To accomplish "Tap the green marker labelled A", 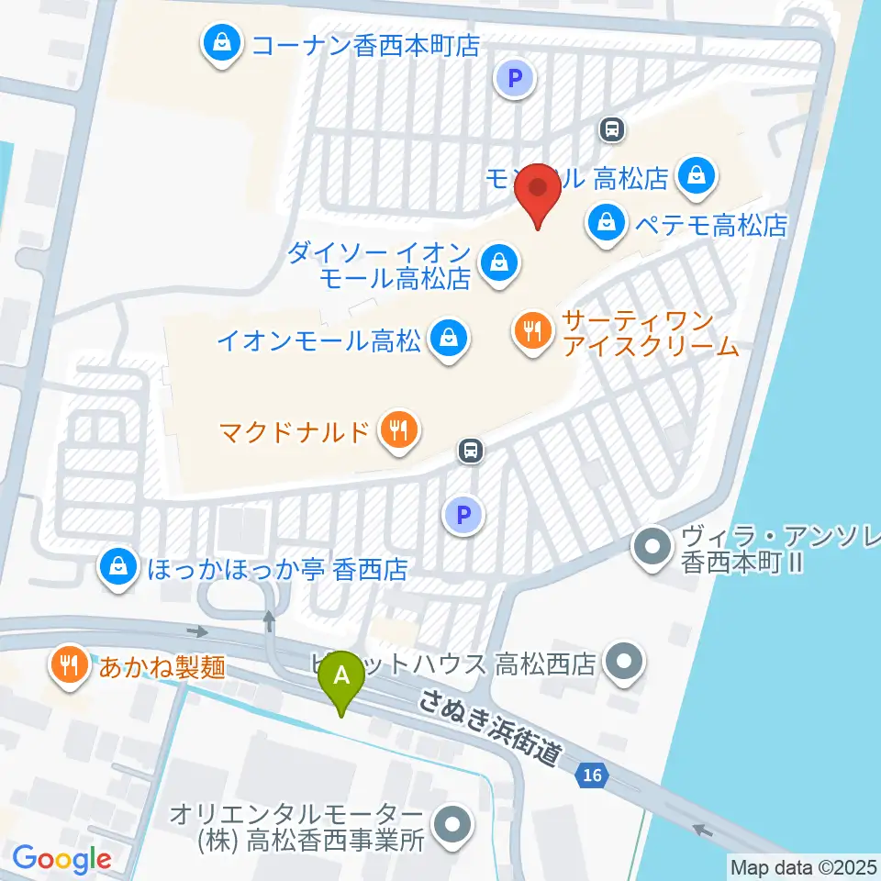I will [342, 679].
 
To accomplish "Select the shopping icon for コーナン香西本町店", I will [221, 42].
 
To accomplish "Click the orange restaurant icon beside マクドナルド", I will [398, 429].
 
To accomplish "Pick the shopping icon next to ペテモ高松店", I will [607, 220].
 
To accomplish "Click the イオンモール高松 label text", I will [318, 341].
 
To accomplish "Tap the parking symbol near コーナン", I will [515, 79].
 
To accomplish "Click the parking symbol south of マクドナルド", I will [464, 516].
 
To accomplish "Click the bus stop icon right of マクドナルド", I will [471, 450].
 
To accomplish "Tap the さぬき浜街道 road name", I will [487, 728].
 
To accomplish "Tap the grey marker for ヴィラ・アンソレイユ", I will [653, 549].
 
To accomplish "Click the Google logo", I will [61, 858].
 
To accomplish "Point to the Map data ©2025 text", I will [803, 865].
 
